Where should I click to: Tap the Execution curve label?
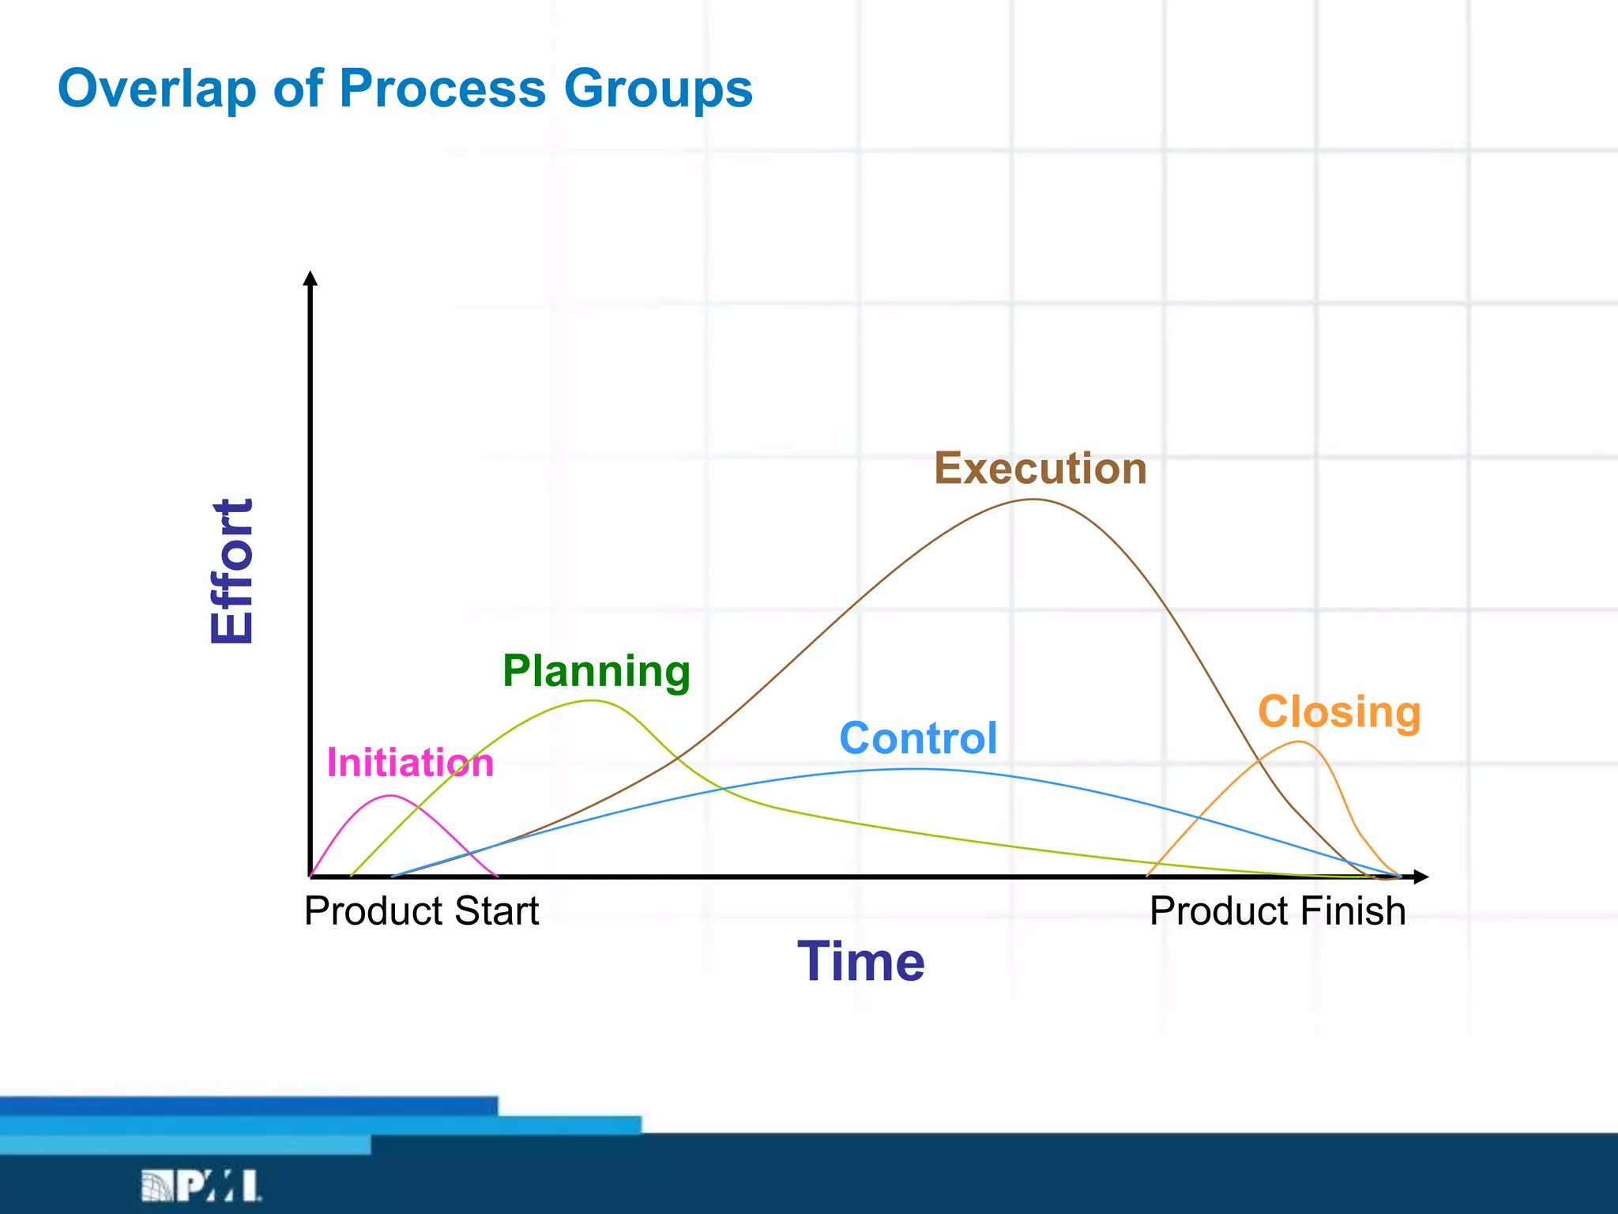coord(1040,468)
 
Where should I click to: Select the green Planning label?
coord(596,671)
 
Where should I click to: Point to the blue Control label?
coord(918,738)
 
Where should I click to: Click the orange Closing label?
coord(1339,711)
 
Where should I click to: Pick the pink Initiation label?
coord(410,763)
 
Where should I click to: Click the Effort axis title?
coord(232,571)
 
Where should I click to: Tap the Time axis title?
coord(860,961)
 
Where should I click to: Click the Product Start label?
coord(421,910)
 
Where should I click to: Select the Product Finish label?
coord(1277,910)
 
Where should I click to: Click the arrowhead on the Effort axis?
coord(310,278)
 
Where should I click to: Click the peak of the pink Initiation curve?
coord(391,796)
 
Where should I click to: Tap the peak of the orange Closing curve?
coord(1299,741)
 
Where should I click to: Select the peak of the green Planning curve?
coord(593,701)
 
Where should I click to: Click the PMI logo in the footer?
coord(201,1186)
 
